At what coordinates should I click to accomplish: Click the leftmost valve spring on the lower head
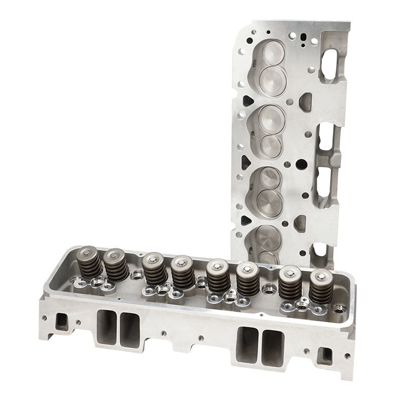(91, 263)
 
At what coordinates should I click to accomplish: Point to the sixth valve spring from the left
(248, 279)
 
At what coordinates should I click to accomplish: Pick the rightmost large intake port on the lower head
(273, 346)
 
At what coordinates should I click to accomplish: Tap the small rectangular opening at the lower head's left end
(62, 321)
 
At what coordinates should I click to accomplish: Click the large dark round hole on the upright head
(301, 164)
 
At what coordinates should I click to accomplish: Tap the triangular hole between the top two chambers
(248, 100)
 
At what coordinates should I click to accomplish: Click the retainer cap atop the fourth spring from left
(181, 261)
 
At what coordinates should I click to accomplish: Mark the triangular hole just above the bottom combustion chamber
(245, 220)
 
